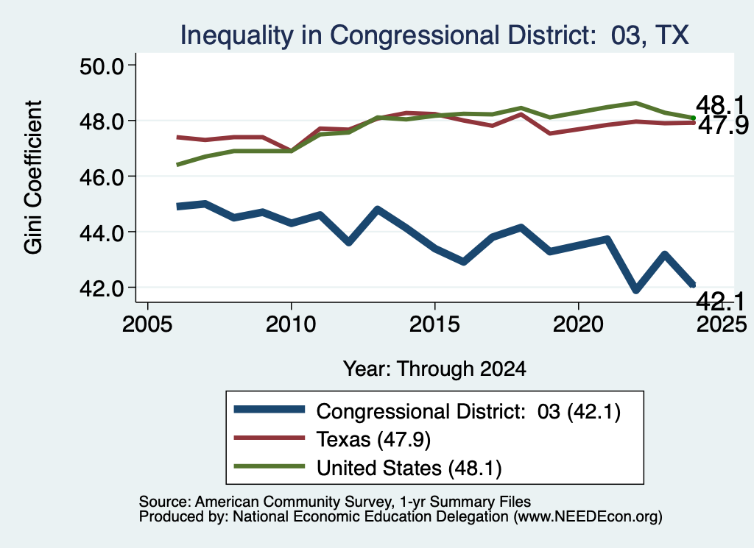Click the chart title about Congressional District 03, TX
pos(434,35)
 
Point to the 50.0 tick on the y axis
pos(102,65)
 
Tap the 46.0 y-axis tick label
pos(102,177)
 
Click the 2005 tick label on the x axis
pos(147,324)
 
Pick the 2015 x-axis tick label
pos(434,324)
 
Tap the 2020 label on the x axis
pos(577,324)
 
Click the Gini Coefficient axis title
pos(33,177)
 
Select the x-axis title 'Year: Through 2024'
pos(434,369)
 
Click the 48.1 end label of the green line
pos(720,104)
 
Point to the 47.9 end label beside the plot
pos(723,125)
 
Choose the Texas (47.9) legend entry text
pos(373,439)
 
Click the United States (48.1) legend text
pos(409,468)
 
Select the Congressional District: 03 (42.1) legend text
pos(468,412)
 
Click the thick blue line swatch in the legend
pos(269,409)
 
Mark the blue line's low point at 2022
pos(635,289)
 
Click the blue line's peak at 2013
pos(378,210)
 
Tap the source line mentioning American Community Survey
pos(335,502)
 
